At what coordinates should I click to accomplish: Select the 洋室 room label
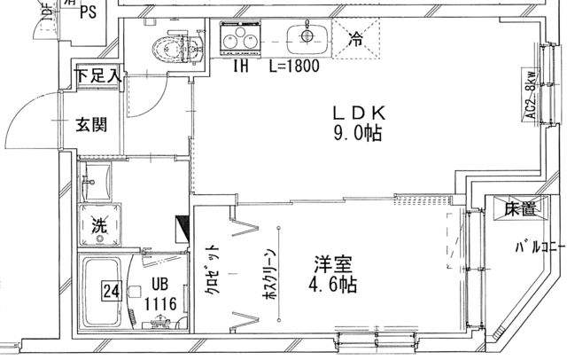pyautogui.click(x=333, y=265)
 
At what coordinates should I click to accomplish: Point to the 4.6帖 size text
pyautogui.click(x=333, y=286)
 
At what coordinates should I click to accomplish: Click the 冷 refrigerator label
pyautogui.click(x=355, y=38)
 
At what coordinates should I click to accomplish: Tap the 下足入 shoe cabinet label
pyautogui.click(x=97, y=76)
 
